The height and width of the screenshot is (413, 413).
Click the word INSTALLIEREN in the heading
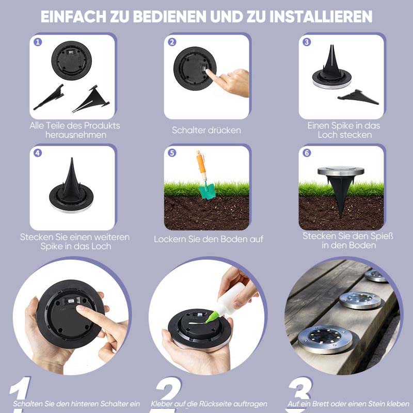point(321,17)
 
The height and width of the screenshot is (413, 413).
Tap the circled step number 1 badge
point(38,42)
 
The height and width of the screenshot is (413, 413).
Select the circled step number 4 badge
point(38,153)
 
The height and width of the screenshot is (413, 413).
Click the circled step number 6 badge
point(307,153)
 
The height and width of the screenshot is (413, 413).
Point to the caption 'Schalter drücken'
point(206,130)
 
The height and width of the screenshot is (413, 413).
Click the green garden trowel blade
point(208,192)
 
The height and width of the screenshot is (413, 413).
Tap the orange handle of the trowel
point(201,165)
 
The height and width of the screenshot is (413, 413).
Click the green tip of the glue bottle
point(211,316)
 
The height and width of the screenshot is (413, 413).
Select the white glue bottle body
point(229,298)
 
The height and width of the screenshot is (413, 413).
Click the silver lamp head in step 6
point(341,171)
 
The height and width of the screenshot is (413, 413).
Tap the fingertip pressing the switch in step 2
point(208,72)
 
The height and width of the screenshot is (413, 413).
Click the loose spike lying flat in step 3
point(358,97)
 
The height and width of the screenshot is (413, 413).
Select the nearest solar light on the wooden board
point(325,339)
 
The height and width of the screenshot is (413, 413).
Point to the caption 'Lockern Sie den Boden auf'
point(209,239)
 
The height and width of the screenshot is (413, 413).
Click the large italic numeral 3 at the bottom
point(300,390)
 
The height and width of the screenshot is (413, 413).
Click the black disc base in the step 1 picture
point(71,60)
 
